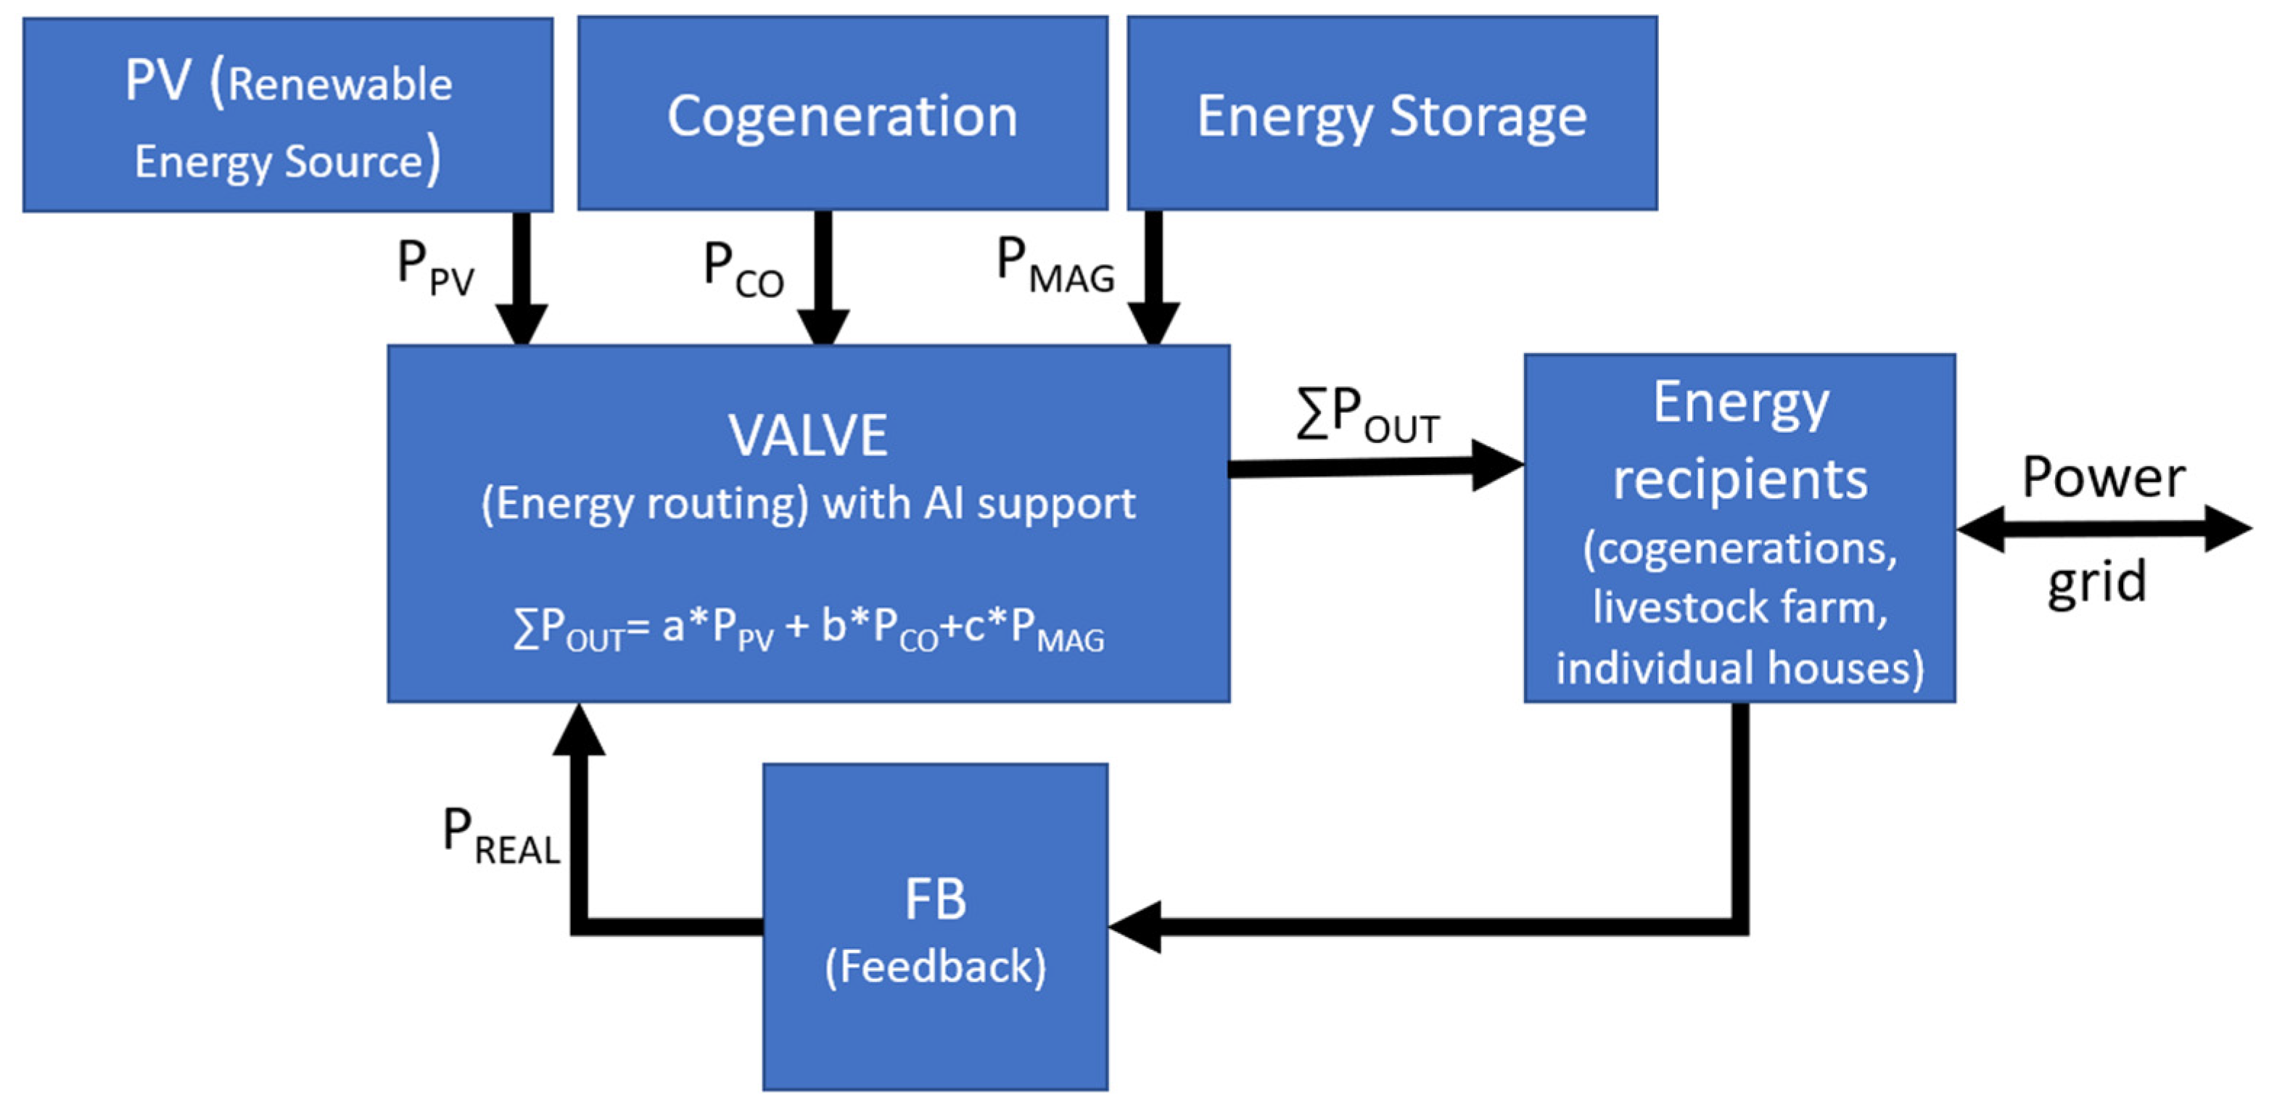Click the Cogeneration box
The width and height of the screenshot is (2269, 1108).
point(842,115)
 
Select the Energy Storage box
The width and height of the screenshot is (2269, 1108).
point(1392,115)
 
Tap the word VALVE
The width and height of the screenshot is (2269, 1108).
point(808,435)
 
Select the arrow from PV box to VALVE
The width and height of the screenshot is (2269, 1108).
point(522,278)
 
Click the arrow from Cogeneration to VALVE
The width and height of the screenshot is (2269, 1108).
point(823,278)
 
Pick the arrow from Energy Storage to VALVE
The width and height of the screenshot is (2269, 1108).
point(1153,278)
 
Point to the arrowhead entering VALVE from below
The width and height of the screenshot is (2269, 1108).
point(579,731)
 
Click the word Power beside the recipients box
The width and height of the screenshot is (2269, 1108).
point(2102,479)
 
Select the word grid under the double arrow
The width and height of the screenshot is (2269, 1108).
point(2096,582)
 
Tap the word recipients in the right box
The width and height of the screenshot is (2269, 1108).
point(1739,480)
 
